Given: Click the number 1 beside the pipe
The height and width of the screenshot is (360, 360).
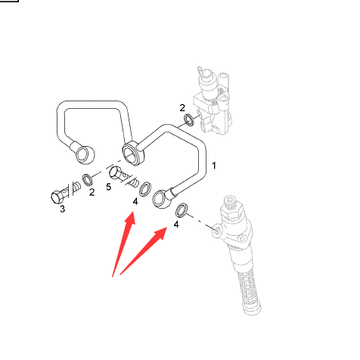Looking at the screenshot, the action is click(x=214, y=166).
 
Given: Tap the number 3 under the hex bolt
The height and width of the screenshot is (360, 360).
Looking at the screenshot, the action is click(x=62, y=209).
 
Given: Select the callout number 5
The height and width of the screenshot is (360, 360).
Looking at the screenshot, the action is click(x=108, y=187).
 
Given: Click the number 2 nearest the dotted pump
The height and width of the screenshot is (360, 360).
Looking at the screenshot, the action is click(x=182, y=108).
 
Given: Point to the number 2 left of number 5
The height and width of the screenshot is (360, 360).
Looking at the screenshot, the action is click(x=92, y=192).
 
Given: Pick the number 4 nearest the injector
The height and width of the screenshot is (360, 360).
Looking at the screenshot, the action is click(x=176, y=225).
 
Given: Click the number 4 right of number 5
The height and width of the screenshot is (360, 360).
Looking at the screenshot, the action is click(x=135, y=202).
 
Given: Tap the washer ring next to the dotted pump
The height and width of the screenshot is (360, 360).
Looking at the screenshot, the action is click(x=189, y=119).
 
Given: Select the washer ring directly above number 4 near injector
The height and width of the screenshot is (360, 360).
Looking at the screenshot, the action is click(x=182, y=209).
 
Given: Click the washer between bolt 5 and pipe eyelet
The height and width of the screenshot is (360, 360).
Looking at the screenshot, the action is click(x=145, y=188).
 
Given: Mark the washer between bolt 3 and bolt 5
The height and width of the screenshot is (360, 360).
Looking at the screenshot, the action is click(x=88, y=179).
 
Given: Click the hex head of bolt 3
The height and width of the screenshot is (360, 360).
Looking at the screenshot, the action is click(x=57, y=197).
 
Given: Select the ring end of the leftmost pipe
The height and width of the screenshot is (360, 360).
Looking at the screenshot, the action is click(x=85, y=154).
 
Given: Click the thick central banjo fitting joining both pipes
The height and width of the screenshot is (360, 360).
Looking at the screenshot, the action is click(x=133, y=154).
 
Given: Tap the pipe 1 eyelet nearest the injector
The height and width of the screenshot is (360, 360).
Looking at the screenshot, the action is click(x=162, y=199).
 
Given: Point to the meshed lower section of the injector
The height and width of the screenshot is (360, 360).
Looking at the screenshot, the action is click(x=250, y=290).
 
